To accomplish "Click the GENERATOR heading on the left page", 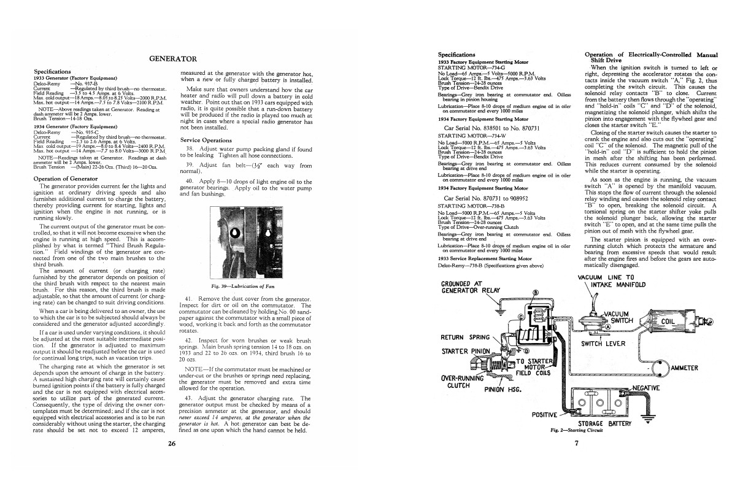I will [172, 59].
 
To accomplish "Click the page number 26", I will [172, 444].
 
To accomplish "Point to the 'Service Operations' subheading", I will [206, 140].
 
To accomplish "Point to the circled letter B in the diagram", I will [535, 292].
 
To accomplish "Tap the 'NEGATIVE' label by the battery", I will [659, 388].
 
